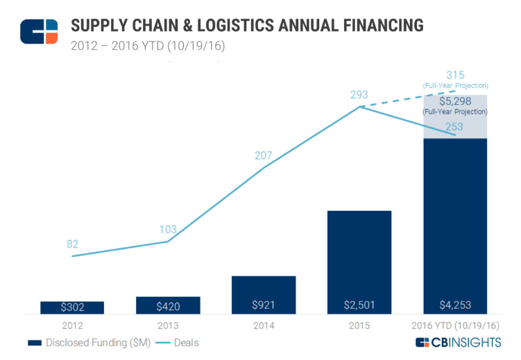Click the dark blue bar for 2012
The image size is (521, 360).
[x=72, y=307]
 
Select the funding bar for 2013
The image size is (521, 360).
[x=168, y=305]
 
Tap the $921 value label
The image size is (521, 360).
[x=264, y=305]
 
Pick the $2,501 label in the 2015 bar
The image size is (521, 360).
[x=359, y=305]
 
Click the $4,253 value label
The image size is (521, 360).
[x=455, y=305]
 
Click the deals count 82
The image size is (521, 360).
[x=73, y=244]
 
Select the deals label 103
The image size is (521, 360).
[x=168, y=230]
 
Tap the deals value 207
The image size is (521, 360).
[x=264, y=156]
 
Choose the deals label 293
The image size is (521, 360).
[x=359, y=95]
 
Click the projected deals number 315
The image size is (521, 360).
[x=455, y=75]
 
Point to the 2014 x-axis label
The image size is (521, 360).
[x=264, y=325]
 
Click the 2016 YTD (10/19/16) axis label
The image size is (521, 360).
[x=455, y=325]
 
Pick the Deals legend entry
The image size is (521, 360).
[x=176, y=343]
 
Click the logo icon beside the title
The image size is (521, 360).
[x=39, y=32]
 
